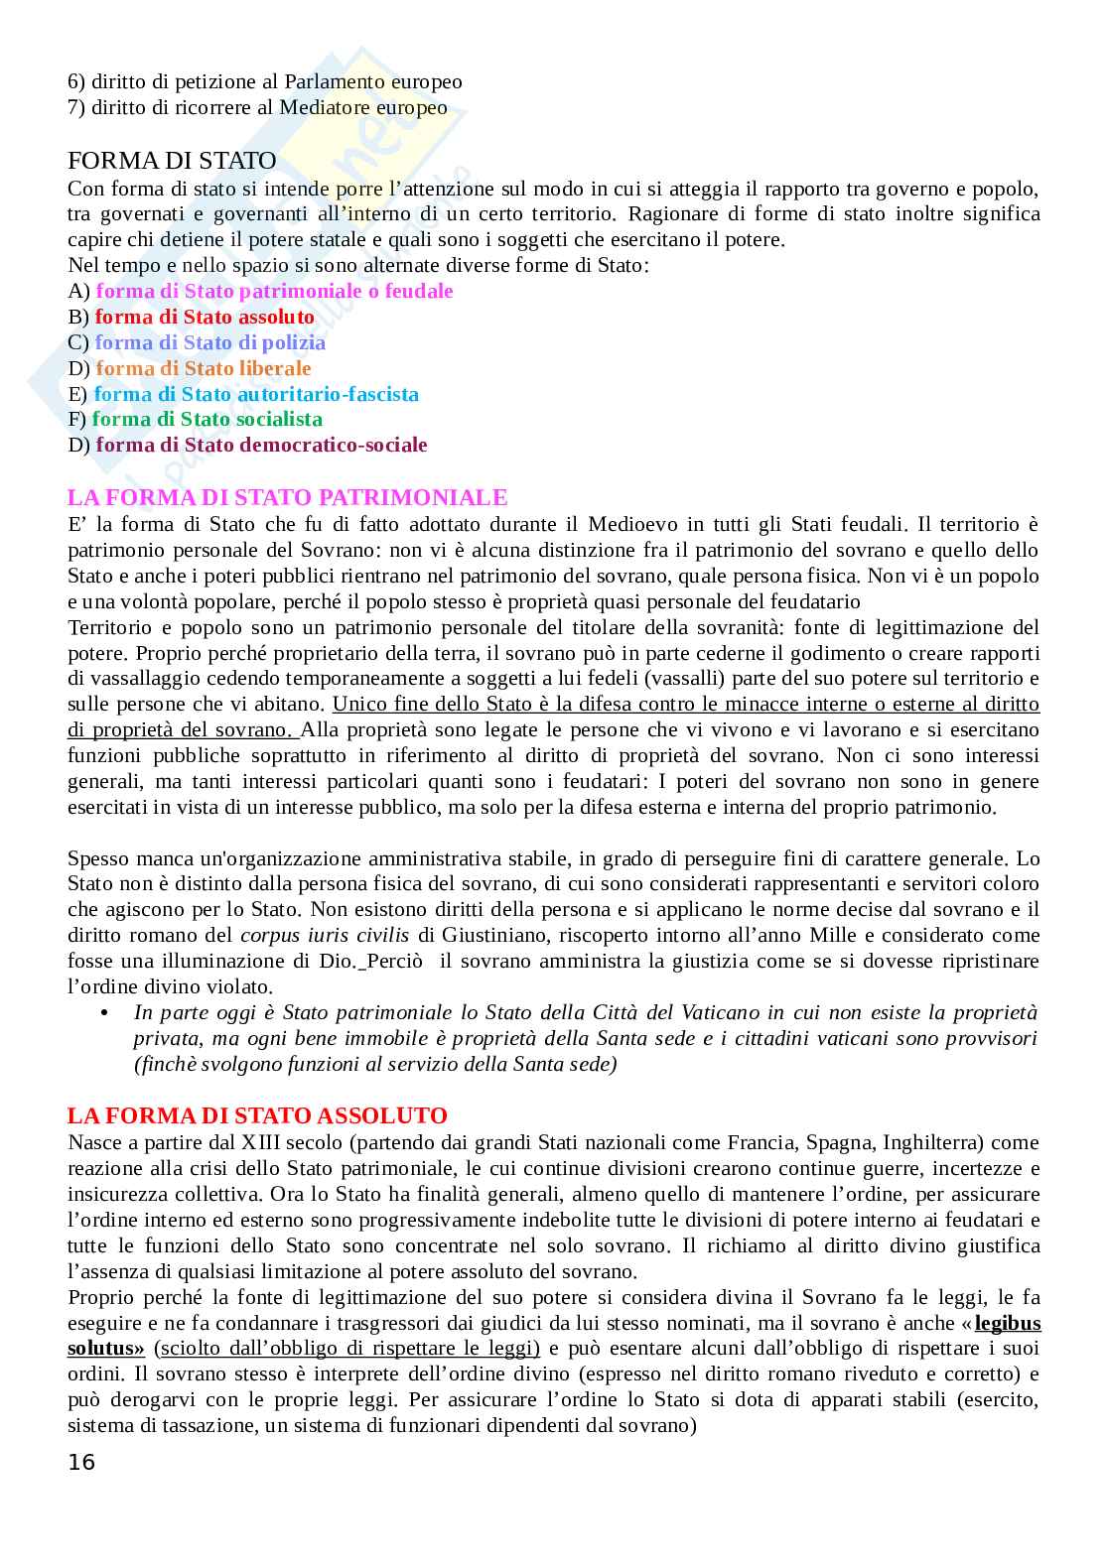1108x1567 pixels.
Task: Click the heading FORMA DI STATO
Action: [172, 161]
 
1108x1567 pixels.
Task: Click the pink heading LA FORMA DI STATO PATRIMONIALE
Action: [287, 497]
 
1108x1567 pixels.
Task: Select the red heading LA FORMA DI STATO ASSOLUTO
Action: [257, 1115]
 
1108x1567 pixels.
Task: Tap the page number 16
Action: [81, 1462]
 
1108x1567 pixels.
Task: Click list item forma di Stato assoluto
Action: [205, 317]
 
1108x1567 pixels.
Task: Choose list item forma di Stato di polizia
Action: [209, 342]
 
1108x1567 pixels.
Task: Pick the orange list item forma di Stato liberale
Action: [204, 368]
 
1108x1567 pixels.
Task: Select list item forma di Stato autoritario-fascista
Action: [256, 394]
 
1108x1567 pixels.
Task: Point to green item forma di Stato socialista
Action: [207, 419]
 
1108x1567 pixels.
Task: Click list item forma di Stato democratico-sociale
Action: [261, 445]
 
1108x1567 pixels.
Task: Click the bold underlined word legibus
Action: [1008, 1323]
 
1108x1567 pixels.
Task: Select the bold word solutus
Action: [104, 1348]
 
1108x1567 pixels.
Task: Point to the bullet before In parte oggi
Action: [104, 1012]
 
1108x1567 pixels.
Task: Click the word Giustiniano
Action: [492, 935]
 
